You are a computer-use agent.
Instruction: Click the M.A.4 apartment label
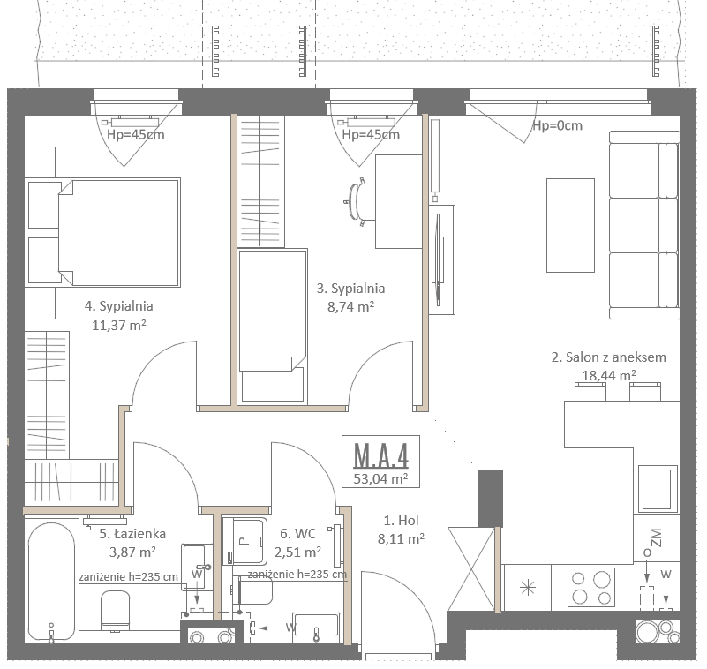381,455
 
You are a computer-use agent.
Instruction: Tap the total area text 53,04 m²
381,478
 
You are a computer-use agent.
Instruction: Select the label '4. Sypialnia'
118,306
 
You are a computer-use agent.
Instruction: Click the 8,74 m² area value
350,307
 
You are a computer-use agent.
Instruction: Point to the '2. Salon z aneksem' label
609,357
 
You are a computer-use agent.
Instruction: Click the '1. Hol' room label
402,521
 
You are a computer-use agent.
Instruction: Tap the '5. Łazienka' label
132,534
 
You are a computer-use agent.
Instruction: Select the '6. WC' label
298,534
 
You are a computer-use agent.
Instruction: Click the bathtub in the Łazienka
51,582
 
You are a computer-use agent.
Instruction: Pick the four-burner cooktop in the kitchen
590,587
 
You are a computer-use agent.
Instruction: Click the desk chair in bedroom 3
361,201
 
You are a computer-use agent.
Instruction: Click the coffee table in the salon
570,225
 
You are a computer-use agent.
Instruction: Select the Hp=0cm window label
557,125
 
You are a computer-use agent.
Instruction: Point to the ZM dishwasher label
657,537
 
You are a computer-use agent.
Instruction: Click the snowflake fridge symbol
528,588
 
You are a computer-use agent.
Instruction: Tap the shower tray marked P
244,541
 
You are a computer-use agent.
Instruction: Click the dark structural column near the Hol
490,498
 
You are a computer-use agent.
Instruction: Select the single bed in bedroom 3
273,326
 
